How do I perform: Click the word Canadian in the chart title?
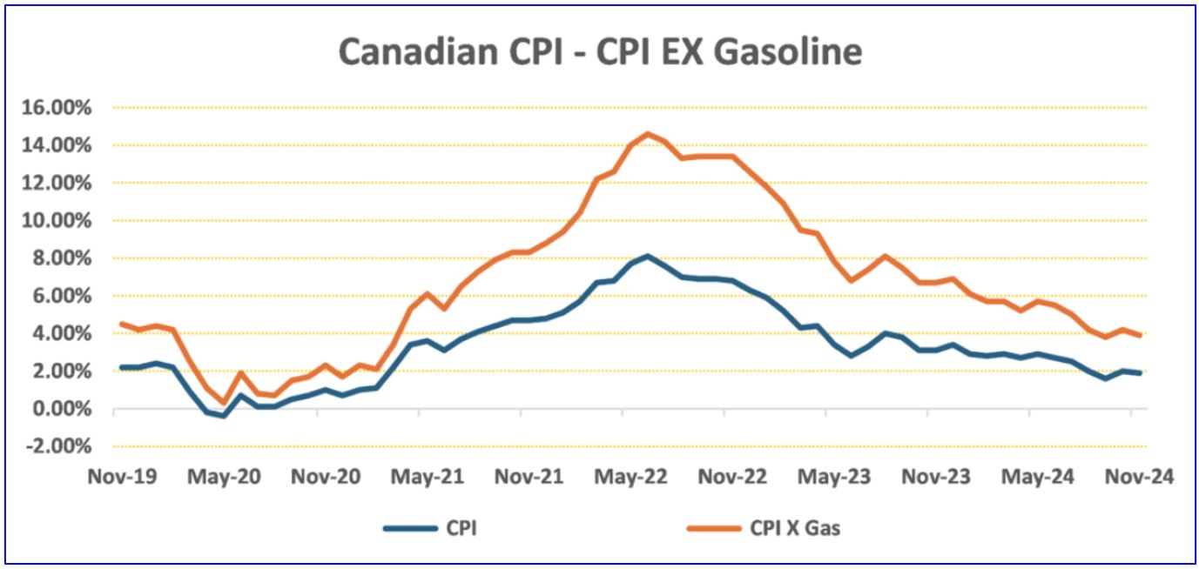pos(408,52)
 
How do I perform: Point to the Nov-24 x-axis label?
pos(1139,478)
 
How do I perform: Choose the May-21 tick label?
pos(426,478)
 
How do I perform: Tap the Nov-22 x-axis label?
pos(731,478)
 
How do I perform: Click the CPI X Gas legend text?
pos(794,528)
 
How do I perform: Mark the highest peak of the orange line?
pos(647,133)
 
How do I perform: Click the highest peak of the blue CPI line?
pos(647,256)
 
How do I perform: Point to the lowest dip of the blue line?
pos(224,416)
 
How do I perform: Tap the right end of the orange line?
pos(1141,335)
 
